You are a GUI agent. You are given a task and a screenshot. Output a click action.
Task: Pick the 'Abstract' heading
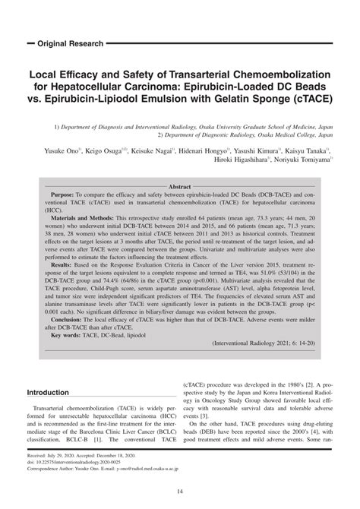point(180,186)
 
